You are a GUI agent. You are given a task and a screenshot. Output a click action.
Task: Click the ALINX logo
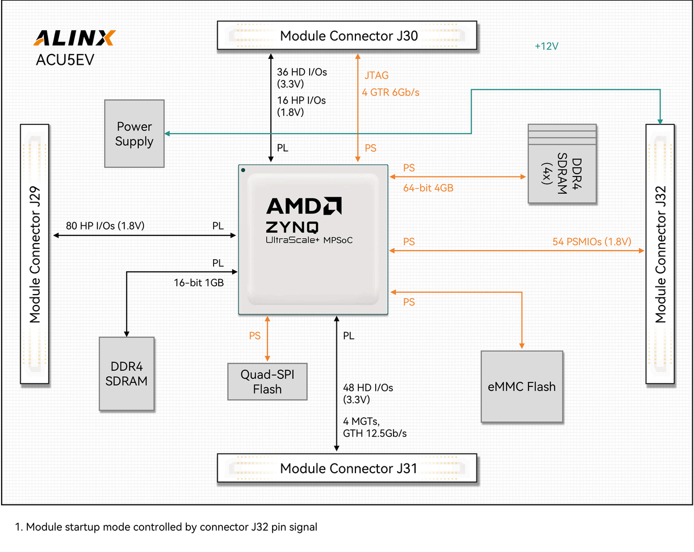pos(75,38)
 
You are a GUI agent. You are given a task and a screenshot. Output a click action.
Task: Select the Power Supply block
pos(134,134)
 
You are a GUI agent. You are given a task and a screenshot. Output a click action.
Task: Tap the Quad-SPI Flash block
pos(267,381)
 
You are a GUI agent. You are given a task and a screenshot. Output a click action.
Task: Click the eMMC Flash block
pos(522,387)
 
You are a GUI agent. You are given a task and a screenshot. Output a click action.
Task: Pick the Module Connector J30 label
pos(348,36)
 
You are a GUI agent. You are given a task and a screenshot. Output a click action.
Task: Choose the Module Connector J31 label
pos(348,468)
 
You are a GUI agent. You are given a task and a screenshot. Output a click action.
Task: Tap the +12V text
pos(546,46)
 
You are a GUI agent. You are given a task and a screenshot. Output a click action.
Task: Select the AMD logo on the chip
pos(304,206)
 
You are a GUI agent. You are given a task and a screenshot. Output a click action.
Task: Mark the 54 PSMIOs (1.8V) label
pos(590,242)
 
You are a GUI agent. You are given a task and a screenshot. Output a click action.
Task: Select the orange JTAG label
pos(376,75)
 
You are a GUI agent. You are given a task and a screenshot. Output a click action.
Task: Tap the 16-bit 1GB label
pos(199,284)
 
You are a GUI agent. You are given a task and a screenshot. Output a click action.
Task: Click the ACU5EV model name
pos(65,61)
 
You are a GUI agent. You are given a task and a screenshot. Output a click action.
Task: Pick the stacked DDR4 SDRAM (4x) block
pos(561,164)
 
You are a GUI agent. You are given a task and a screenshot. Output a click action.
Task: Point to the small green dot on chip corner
pos(244,171)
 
